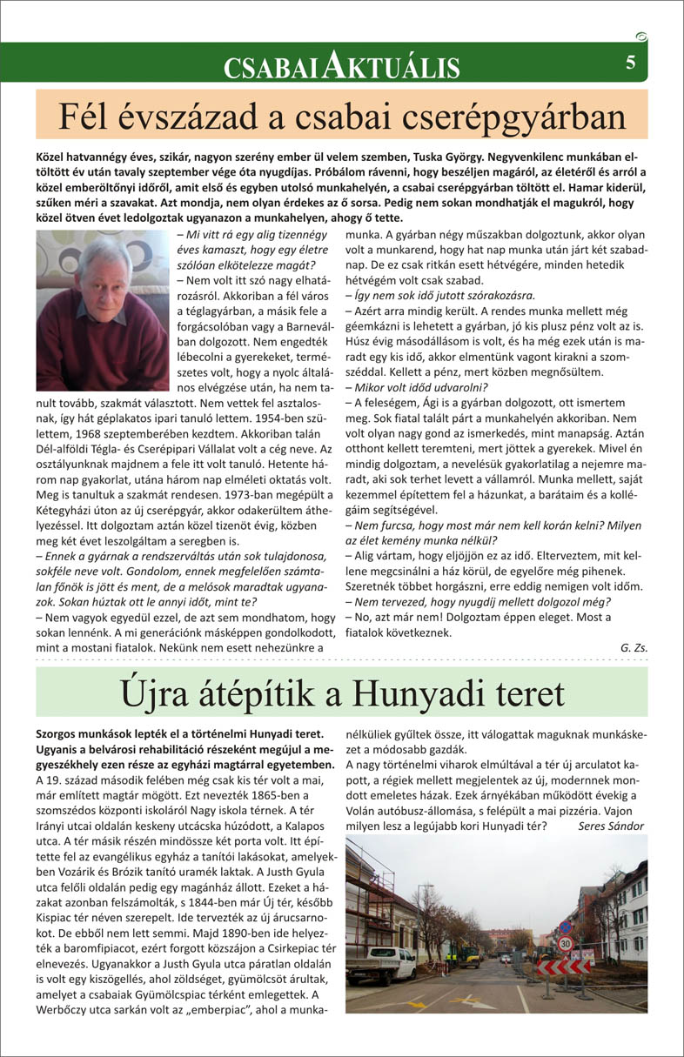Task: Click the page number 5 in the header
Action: click(x=629, y=62)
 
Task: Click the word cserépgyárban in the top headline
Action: click(x=526, y=117)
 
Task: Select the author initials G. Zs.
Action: click(x=634, y=648)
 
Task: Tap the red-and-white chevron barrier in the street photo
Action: click(x=562, y=966)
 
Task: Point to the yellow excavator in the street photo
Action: click(x=470, y=955)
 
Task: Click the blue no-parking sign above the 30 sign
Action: click(x=565, y=927)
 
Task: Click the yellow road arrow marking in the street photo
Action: click(x=470, y=1000)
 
